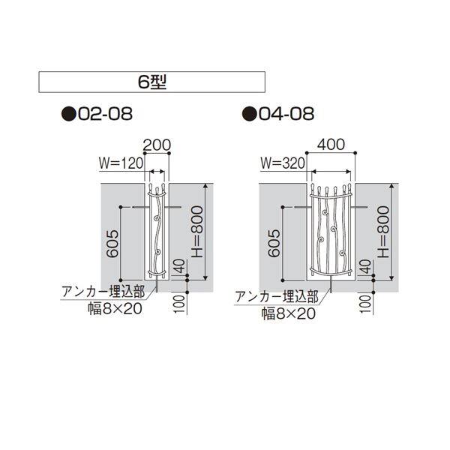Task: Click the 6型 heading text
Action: tap(152, 82)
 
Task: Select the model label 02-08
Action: tap(105, 114)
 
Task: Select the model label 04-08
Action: tap(286, 114)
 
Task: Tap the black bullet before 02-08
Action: tap(69, 114)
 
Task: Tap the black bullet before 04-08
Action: tap(250, 114)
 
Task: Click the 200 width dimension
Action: tap(157, 145)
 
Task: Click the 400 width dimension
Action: tap(331, 144)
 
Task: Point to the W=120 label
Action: tap(121, 163)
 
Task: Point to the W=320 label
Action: tap(283, 163)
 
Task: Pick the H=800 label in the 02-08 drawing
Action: tap(197, 231)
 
